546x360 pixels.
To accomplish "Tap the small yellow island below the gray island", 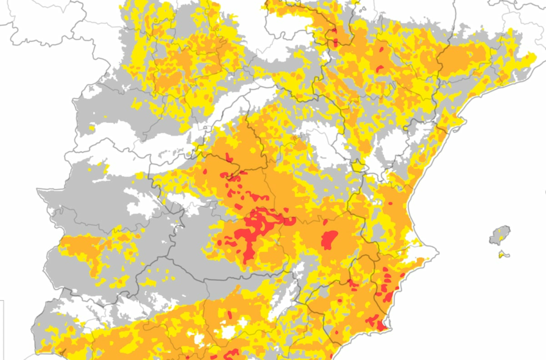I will [502, 255].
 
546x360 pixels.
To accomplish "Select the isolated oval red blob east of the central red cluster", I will [329, 240].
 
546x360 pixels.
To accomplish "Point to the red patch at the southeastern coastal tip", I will [381, 325].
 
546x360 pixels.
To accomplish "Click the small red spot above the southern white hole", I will [229, 315].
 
